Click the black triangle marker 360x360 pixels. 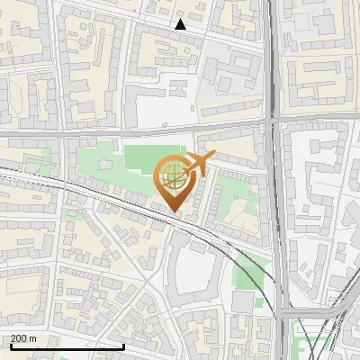coord(180,24)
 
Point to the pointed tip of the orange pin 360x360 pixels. coord(175,213)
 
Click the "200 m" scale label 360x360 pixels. coord(23,338)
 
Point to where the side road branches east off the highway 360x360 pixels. coord(281,310)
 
